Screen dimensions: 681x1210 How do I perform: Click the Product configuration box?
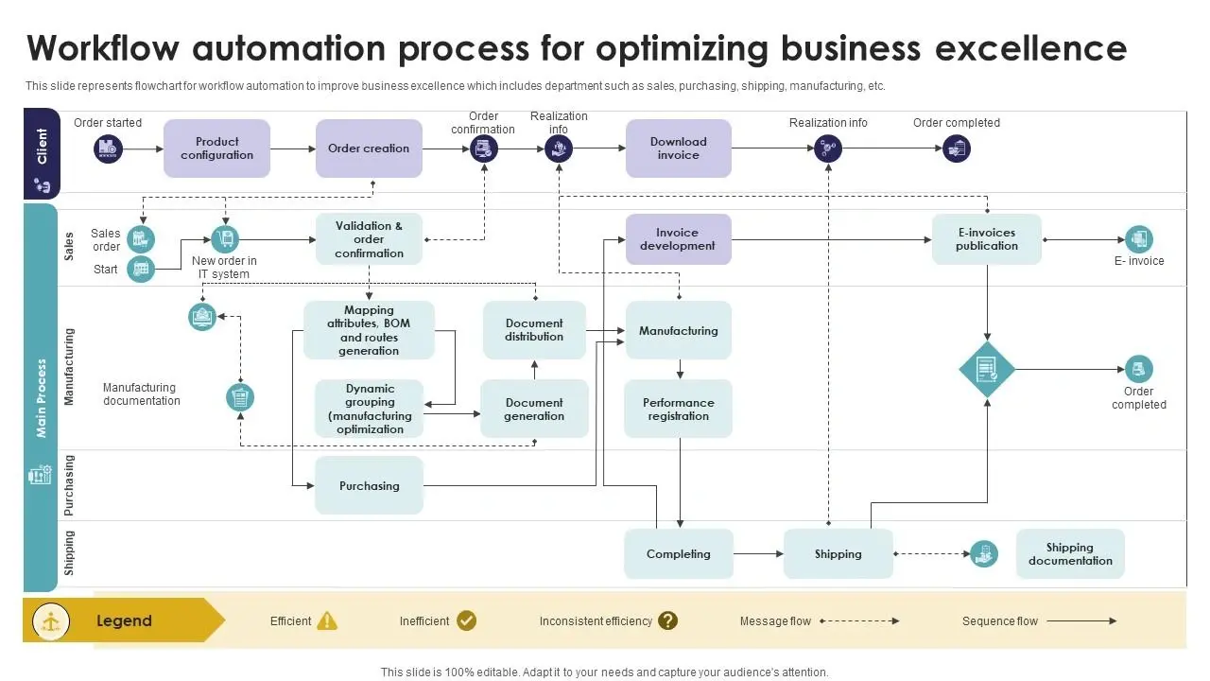216,148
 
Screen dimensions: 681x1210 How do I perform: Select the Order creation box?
369,148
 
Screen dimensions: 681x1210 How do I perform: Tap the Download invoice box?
678,148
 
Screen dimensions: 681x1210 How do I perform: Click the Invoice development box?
678,239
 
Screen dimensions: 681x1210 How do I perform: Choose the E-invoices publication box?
986,239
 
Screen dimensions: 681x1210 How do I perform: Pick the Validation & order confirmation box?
369,239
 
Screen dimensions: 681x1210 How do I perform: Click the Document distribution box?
534,330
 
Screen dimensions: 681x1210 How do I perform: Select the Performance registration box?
678,409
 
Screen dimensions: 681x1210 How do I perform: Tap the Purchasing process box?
369,485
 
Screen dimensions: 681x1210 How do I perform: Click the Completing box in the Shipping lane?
678,554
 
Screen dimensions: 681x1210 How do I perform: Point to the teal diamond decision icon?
987,369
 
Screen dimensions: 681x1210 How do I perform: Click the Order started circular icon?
109,148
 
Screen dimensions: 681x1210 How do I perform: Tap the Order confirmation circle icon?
484,148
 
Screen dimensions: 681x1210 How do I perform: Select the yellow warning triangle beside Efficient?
327,620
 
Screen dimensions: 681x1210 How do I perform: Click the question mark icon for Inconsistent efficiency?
668,620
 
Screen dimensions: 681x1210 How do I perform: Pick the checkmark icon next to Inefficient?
467,620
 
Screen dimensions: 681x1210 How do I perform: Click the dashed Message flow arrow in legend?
859,621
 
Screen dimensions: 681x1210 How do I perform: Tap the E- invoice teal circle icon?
1139,239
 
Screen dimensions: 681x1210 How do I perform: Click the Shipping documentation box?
1070,554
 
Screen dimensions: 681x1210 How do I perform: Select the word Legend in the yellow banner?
124,620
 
